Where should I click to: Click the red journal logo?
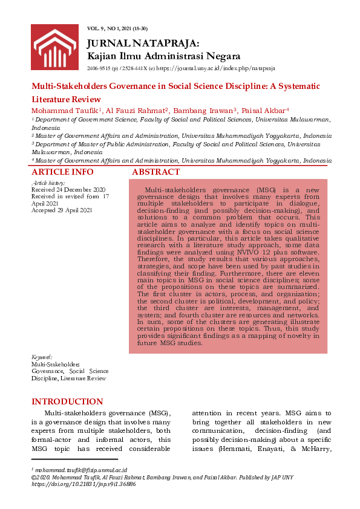(54, 48)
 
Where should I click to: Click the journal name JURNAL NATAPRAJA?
(143, 44)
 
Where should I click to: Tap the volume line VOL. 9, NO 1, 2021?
(117, 29)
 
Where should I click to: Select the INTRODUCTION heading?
(67, 401)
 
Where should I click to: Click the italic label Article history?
(47, 183)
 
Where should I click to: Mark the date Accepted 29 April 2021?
(62, 210)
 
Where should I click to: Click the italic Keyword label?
(42, 357)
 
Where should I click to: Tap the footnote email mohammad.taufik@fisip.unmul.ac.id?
(80, 470)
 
